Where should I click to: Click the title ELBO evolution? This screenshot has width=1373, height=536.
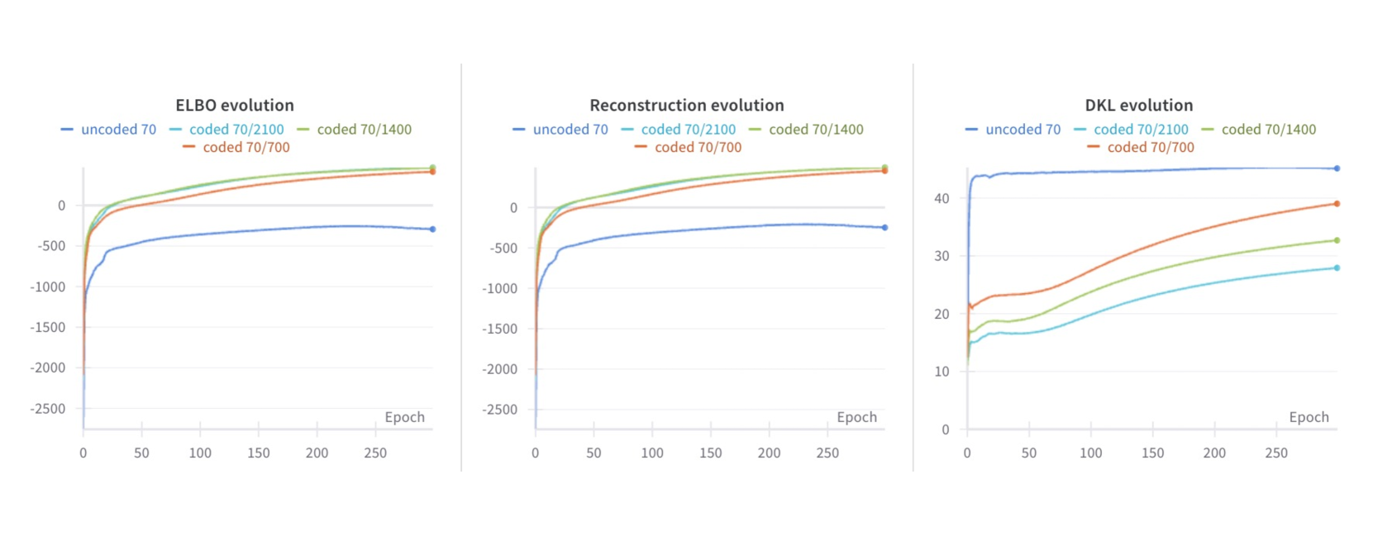tap(235, 105)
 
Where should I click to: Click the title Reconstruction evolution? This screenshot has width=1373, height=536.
tap(686, 105)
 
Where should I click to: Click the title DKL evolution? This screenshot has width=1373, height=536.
tap(1138, 105)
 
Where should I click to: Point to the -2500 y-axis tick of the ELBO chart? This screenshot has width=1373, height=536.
tap(48, 409)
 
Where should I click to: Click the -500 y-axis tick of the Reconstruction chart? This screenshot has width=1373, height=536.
tap(503, 248)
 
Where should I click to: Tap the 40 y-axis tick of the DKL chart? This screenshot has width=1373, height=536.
tap(942, 198)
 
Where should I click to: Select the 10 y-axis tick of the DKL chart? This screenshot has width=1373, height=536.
tap(942, 372)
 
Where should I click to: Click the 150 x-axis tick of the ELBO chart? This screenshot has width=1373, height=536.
tap(259, 453)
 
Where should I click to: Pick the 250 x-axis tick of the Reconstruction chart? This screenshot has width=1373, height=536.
tap(827, 453)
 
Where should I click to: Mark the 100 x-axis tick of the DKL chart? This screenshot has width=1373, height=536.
tap(1090, 453)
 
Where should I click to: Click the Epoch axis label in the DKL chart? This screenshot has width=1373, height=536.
tap(1309, 417)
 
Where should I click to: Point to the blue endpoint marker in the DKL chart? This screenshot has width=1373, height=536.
tap(1337, 168)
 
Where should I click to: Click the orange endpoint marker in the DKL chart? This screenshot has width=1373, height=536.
tap(1337, 203)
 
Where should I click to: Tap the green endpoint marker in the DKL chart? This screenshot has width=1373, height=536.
tap(1337, 240)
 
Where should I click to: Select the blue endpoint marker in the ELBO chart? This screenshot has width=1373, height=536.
tap(432, 229)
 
